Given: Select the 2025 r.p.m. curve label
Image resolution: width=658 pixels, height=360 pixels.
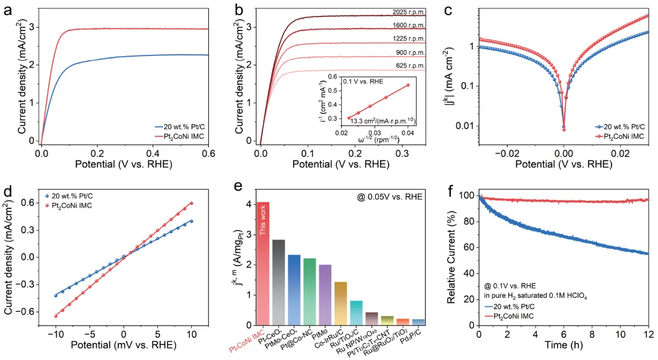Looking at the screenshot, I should pyautogui.click(x=406, y=12).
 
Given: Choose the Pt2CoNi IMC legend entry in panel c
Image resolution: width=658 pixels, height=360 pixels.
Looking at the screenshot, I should pyautogui.click(x=621, y=136).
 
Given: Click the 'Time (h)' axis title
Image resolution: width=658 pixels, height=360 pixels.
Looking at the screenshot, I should pyautogui.click(x=564, y=348).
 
